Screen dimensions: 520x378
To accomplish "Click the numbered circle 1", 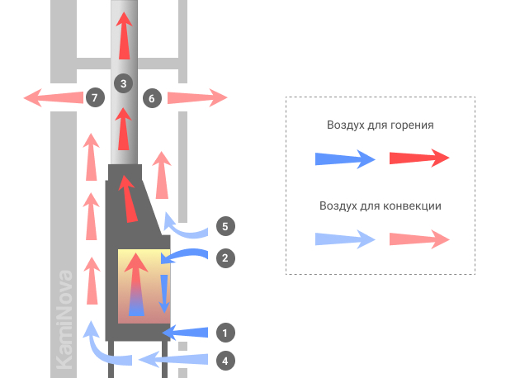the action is [x=225, y=333].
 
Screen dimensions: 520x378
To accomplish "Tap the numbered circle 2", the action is [x=225, y=258].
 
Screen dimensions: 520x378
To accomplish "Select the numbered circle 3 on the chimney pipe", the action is [x=123, y=83].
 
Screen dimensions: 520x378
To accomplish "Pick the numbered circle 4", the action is [x=225, y=361].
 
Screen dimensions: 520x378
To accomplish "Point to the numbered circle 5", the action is [x=225, y=226].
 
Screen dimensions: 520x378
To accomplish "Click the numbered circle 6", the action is [x=152, y=98].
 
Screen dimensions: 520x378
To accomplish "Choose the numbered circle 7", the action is [x=95, y=97].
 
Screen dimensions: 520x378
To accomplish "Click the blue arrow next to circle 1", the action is [x=185, y=333].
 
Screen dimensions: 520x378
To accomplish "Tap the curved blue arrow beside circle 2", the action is [x=186, y=253].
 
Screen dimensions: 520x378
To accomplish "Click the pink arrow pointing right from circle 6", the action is [x=197, y=98].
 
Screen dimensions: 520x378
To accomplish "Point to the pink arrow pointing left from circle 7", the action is [x=53, y=98].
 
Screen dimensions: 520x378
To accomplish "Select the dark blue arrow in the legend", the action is [x=345, y=158].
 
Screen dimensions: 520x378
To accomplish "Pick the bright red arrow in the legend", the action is [x=419, y=158].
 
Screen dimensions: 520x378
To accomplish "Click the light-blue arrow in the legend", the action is [x=345, y=239].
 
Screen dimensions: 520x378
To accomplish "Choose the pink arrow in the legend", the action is [x=419, y=239].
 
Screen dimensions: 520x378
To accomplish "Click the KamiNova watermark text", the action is [x=64, y=319].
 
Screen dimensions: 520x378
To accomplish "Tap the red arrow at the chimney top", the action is [x=125, y=35].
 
